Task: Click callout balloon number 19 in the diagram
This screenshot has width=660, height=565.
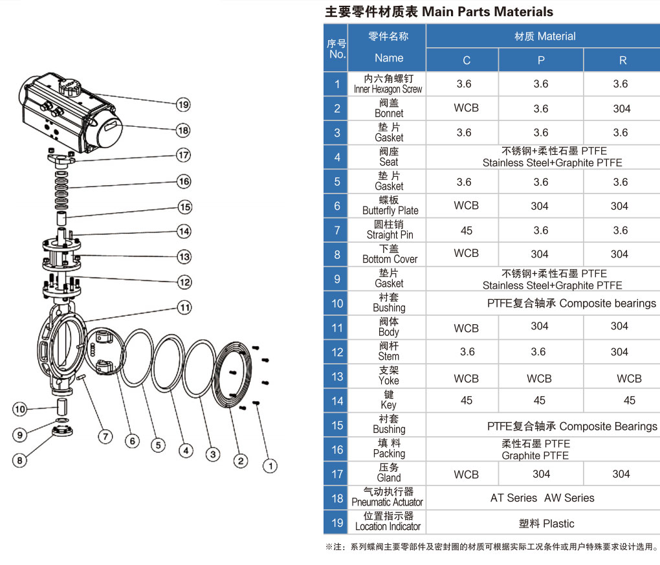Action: [183, 104]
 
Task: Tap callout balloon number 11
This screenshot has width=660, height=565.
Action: [186, 307]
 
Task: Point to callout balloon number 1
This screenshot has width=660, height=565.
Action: [271, 465]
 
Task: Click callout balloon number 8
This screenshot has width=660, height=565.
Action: [20, 460]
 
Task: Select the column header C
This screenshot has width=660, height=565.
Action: [466, 60]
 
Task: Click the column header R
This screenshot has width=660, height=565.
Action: [622, 60]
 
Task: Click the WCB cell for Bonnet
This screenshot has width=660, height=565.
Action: [466, 108]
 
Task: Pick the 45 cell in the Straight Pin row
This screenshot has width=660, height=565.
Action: [466, 230]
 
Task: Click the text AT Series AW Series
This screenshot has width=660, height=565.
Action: [542, 498]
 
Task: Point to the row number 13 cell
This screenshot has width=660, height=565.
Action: [336, 377]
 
